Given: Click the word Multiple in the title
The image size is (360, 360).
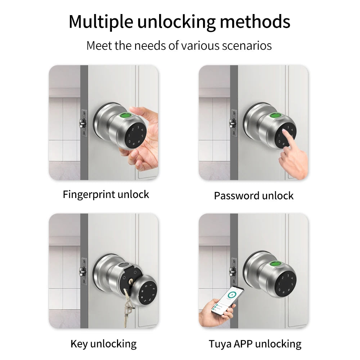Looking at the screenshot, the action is click(x=101, y=22).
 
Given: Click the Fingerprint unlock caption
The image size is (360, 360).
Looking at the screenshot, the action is click(x=106, y=195).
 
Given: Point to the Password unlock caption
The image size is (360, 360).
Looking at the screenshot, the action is click(x=254, y=196).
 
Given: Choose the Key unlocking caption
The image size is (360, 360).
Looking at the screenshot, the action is click(x=104, y=344).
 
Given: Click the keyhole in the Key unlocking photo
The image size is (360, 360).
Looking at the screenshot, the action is click(x=131, y=281).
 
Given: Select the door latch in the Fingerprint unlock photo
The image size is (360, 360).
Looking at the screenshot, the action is click(x=83, y=123).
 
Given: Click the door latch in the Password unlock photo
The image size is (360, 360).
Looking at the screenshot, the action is click(x=233, y=123).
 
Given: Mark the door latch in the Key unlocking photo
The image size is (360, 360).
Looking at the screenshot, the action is click(x=83, y=271).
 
